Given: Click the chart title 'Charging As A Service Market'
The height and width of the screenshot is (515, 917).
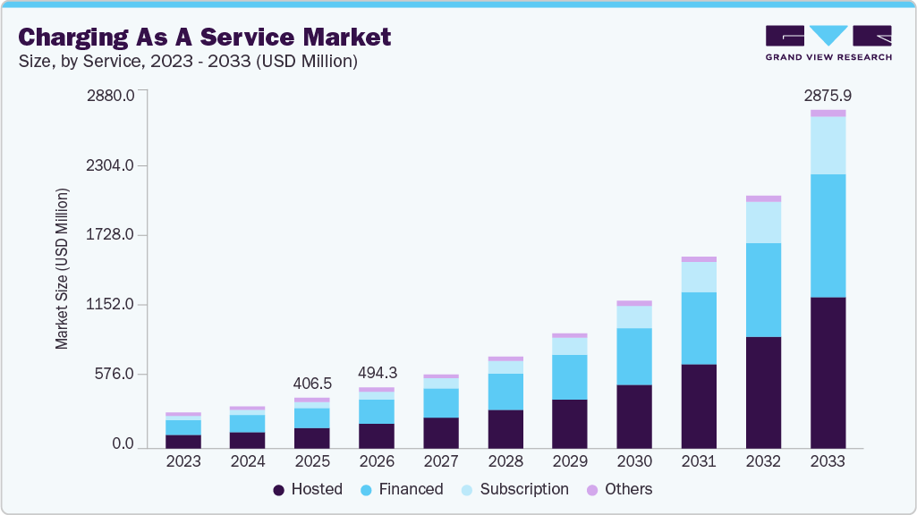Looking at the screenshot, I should [205, 37].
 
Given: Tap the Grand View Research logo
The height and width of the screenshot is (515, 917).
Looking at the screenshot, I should [828, 42].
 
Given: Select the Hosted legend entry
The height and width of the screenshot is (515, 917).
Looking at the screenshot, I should [308, 489].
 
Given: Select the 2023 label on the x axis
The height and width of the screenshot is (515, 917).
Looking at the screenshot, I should [183, 461].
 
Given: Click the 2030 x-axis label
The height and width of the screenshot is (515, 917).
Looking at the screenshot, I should [634, 461].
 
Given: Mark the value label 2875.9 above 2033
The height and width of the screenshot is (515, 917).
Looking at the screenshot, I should [828, 95].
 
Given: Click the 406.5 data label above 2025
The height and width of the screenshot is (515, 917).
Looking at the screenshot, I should [312, 383].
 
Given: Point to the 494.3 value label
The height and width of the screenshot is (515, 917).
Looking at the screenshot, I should [377, 372].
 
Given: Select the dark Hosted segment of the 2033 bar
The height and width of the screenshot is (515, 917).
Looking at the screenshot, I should [828, 372].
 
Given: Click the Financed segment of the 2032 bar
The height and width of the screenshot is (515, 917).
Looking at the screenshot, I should [763, 290].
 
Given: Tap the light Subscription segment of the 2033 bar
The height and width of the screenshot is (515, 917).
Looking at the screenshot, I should [828, 145].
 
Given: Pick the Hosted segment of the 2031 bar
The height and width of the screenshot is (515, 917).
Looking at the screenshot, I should [699, 406].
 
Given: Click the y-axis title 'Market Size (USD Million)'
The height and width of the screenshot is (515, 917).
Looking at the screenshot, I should [62, 268].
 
